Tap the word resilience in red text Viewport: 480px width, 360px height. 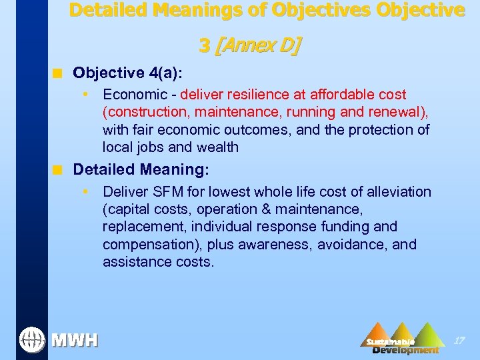[x=254, y=95]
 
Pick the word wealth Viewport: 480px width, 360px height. [x=216, y=147]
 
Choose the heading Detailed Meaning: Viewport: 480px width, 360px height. [x=141, y=169]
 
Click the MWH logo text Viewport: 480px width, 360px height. [x=75, y=341]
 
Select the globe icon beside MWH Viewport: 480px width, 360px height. [x=31, y=339]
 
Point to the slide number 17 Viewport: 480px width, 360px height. [x=459, y=341]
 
